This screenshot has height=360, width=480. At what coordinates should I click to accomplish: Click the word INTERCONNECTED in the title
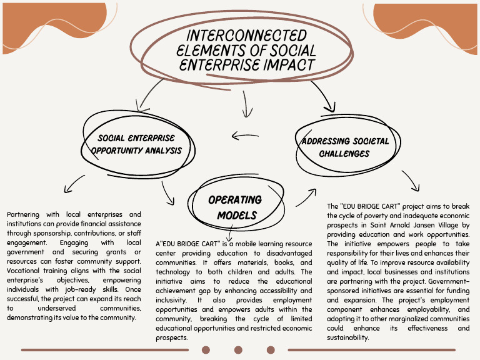pos(246,35)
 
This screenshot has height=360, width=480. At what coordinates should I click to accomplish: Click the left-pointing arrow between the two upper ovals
pos(245,135)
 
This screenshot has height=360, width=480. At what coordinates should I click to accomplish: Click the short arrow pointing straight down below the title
pos(246,104)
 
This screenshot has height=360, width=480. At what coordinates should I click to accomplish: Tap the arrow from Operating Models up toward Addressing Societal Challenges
pos(306,197)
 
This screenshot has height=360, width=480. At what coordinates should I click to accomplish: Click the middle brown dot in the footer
pos(238,349)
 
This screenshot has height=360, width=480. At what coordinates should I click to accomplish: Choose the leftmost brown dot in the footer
pos(206,349)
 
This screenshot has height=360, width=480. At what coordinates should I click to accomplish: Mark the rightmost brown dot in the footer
pos(271,349)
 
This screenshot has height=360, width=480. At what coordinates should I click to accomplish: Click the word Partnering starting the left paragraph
pos(23,214)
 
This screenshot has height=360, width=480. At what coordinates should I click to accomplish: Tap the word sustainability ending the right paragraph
pos(347,337)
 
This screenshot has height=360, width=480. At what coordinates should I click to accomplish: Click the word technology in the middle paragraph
pos(172,272)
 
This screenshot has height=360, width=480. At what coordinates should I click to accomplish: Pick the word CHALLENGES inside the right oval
pos(344,153)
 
